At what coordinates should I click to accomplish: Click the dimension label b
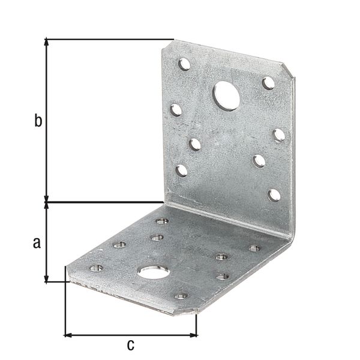(x=38, y=121)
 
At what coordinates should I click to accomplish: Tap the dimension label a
(x=37, y=242)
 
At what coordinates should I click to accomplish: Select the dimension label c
(x=131, y=344)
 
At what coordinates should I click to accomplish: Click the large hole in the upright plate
(x=226, y=96)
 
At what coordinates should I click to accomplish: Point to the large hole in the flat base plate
(x=154, y=272)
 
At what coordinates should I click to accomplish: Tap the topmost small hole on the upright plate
(x=184, y=64)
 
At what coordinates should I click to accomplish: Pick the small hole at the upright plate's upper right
(x=268, y=83)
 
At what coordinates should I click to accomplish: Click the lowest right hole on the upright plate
(x=274, y=196)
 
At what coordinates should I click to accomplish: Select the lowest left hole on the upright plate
(x=182, y=171)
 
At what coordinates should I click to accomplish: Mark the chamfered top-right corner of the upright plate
(x=289, y=70)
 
